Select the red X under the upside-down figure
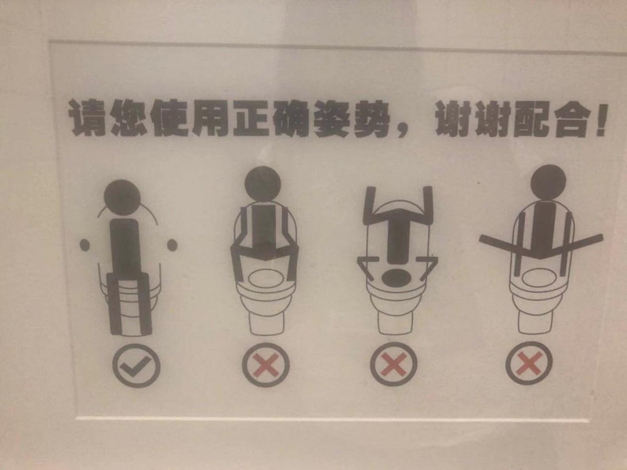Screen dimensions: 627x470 (x=393, y=365)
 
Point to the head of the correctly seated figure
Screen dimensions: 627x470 (x=122, y=197)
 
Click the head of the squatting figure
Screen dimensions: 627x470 (x=263, y=184)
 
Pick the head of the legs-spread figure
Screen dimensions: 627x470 (x=548, y=182)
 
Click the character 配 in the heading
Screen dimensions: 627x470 (x=531, y=121)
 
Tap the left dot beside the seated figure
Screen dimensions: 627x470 (x=85, y=245)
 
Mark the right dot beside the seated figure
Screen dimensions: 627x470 (x=172, y=245)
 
